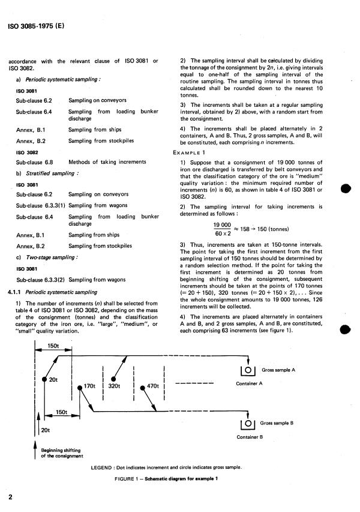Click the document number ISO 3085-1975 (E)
tap(34, 26)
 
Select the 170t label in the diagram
tap(90, 386)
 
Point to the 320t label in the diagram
tap(115, 386)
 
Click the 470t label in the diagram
tap(154, 386)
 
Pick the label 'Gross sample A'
tap(279, 370)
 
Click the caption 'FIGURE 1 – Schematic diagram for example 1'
tap(166, 478)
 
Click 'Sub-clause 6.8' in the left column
tap(34, 162)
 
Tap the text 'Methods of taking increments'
tap(106, 162)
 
